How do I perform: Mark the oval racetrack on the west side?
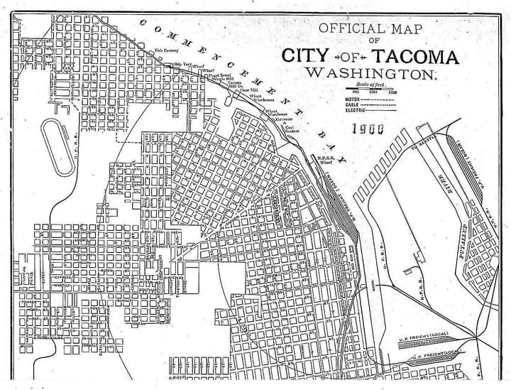(57, 147)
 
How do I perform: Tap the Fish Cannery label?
(167, 50)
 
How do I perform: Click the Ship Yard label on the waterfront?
(182, 65)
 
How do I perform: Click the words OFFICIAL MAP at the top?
(369, 29)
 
